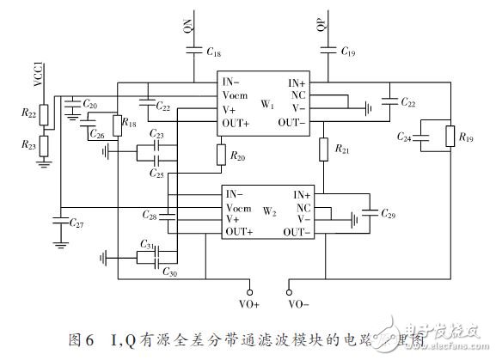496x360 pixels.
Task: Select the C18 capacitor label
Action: pyautogui.click(x=213, y=52)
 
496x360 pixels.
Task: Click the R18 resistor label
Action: pyautogui.click(x=129, y=124)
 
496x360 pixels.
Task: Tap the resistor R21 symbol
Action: pyautogui.click(x=324, y=149)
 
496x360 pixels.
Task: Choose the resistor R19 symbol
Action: pyautogui.click(x=449, y=137)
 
